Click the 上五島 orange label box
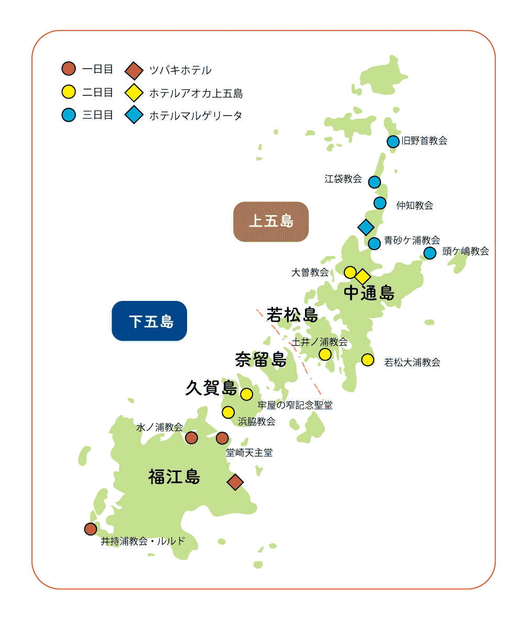click(270, 221)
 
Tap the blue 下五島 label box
click(149, 321)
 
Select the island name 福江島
click(174, 477)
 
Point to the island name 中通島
click(369, 293)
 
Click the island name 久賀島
click(211, 388)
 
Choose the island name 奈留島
click(260, 360)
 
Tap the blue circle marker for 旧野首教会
click(393, 141)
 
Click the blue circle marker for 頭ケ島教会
click(430, 253)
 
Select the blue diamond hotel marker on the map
click(365, 227)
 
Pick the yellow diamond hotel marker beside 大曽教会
click(363, 276)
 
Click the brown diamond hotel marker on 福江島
click(235, 482)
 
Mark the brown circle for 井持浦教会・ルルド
click(91, 529)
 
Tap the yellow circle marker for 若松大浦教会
click(368, 360)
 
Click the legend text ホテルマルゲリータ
click(195, 116)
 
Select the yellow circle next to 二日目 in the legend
click(69, 92)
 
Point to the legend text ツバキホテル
click(180, 70)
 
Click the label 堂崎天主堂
click(249, 453)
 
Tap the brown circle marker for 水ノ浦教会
click(191, 438)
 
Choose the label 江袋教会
click(343, 179)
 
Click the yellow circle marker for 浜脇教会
click(228, 412)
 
